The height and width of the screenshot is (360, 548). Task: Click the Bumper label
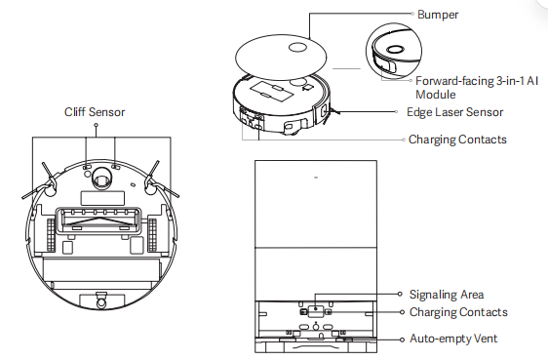[438, 15]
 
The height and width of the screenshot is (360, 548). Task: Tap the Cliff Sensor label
[95, 112]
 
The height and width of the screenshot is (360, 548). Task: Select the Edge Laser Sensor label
[454, 112]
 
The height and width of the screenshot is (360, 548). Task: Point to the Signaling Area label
[447, 295]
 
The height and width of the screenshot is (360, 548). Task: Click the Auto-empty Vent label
[453, 339]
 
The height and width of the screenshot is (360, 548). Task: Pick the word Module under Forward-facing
[436, 95]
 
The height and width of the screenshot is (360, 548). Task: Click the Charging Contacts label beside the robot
[457, 140]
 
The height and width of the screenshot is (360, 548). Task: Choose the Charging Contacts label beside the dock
[458, 312]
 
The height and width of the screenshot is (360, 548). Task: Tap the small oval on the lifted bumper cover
[297, 48]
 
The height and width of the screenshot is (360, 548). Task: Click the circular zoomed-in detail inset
[394, 52]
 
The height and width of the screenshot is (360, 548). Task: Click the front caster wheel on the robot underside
[100, 177]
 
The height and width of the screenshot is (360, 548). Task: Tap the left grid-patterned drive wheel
[51, 234]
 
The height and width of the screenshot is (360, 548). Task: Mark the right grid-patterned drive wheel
[152, 234]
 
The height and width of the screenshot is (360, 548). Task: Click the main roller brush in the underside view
[98, 221]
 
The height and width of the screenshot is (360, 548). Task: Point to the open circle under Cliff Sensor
[97, 125]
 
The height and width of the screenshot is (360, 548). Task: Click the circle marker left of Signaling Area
[400, 294]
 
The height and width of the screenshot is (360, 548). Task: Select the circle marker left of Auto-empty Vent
[403, 340]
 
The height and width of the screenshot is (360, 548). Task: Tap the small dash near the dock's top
[316, 178]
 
